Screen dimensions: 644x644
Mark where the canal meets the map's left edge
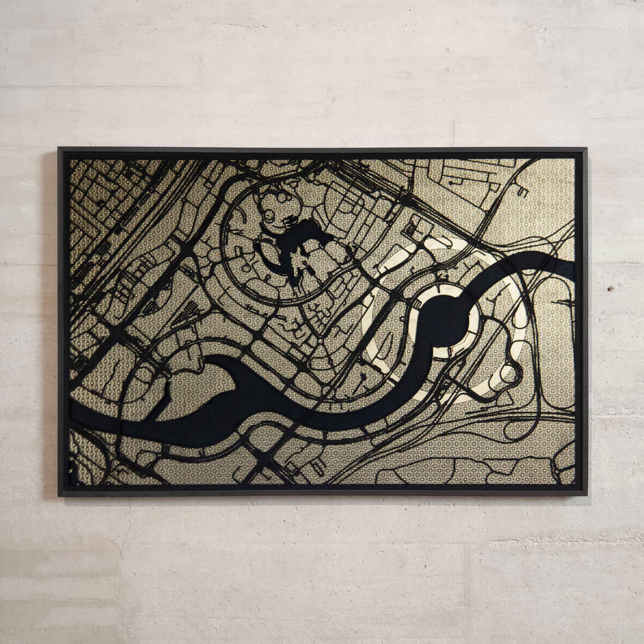point(72,412)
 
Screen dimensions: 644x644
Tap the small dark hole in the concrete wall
point(611,287)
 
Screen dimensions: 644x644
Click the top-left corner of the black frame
point(59,150)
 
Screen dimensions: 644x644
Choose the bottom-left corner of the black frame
point(59,494)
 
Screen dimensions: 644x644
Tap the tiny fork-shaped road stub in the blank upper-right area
point(522,192)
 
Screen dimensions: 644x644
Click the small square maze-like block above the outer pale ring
point(411,230)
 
